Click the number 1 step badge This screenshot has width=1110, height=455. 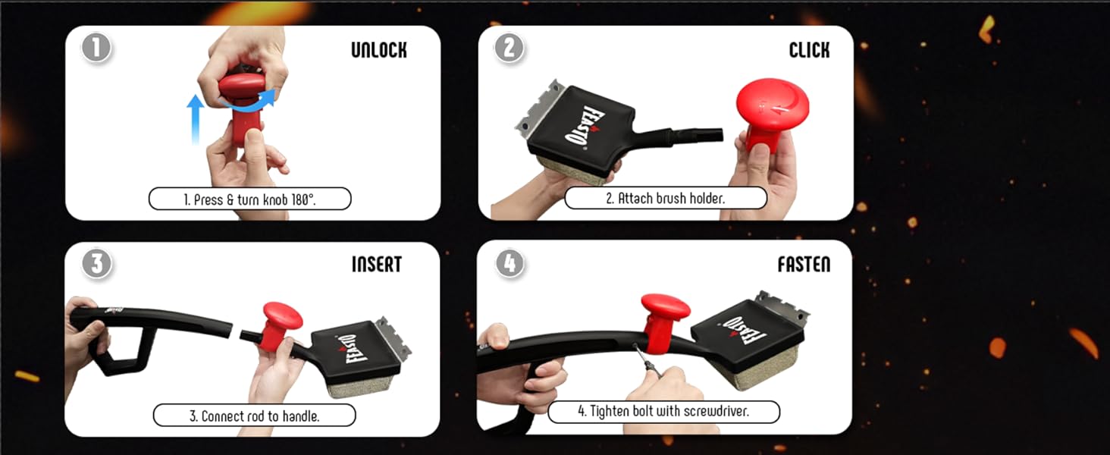pyautogui.click(x=96, y=49)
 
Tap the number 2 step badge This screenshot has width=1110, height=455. pyautogui.click(x=510, y=48)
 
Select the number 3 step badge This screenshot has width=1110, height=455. pyautogui.click(x=96, y=264)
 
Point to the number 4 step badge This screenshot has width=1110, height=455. pyautogui.click(x=510, y=262)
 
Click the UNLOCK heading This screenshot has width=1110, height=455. pyautogui.click(x=379, y=50)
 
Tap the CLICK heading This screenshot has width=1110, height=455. pyautogui.click(x=809, y=50)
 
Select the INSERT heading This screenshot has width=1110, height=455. pyautogui.click(x=377, y=265)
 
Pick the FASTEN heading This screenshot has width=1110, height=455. pyautogui.click(x=804, y=265)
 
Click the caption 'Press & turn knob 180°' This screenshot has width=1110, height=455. pyautogui.click(x=249, y=199)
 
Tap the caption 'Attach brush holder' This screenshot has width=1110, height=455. pyautogui.click(x=666, y=198)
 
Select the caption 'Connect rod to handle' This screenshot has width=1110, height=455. pyautogui.click(x=254, y=416)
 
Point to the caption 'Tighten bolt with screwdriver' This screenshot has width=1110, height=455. pyautogui.click(x=663, y=411)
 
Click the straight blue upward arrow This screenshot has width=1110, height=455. pyautogui.click(x=196, y=119)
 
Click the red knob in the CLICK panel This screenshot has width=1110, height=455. pyautogui.click(x=770, y=114)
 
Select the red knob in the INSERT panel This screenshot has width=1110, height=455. pyautogui.click(x=281, y=325)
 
